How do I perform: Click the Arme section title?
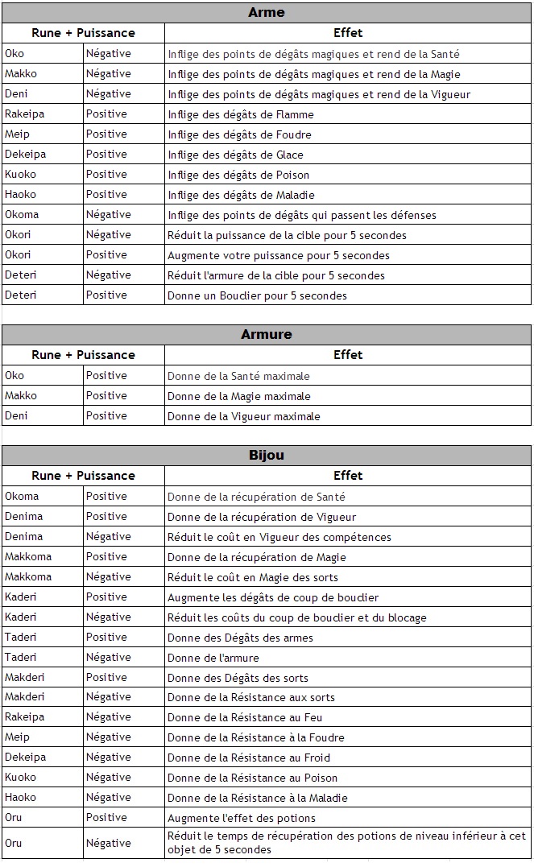(267, 13)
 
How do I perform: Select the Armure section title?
(267, 335)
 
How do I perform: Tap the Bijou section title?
(267, 456)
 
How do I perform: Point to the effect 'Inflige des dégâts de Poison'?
(238, 175)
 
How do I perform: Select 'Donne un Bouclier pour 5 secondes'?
(257, 295)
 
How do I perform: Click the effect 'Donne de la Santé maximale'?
(238, 376)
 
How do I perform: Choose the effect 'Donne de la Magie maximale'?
(239, 396)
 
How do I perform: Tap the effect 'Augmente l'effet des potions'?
(242, 818)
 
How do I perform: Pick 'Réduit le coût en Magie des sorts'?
(253, 577)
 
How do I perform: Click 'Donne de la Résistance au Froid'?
(249, 758)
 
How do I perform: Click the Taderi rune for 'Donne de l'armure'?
(21, 657)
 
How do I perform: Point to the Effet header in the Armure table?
(348, 355)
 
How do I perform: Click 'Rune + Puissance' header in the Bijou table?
(83, 476)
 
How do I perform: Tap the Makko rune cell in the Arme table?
(22, 74)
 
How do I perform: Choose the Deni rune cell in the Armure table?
(16, 416)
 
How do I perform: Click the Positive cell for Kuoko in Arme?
(106, 175)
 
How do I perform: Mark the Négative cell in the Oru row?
(108, 843)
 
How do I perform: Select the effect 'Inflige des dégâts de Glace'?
(235, 155)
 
